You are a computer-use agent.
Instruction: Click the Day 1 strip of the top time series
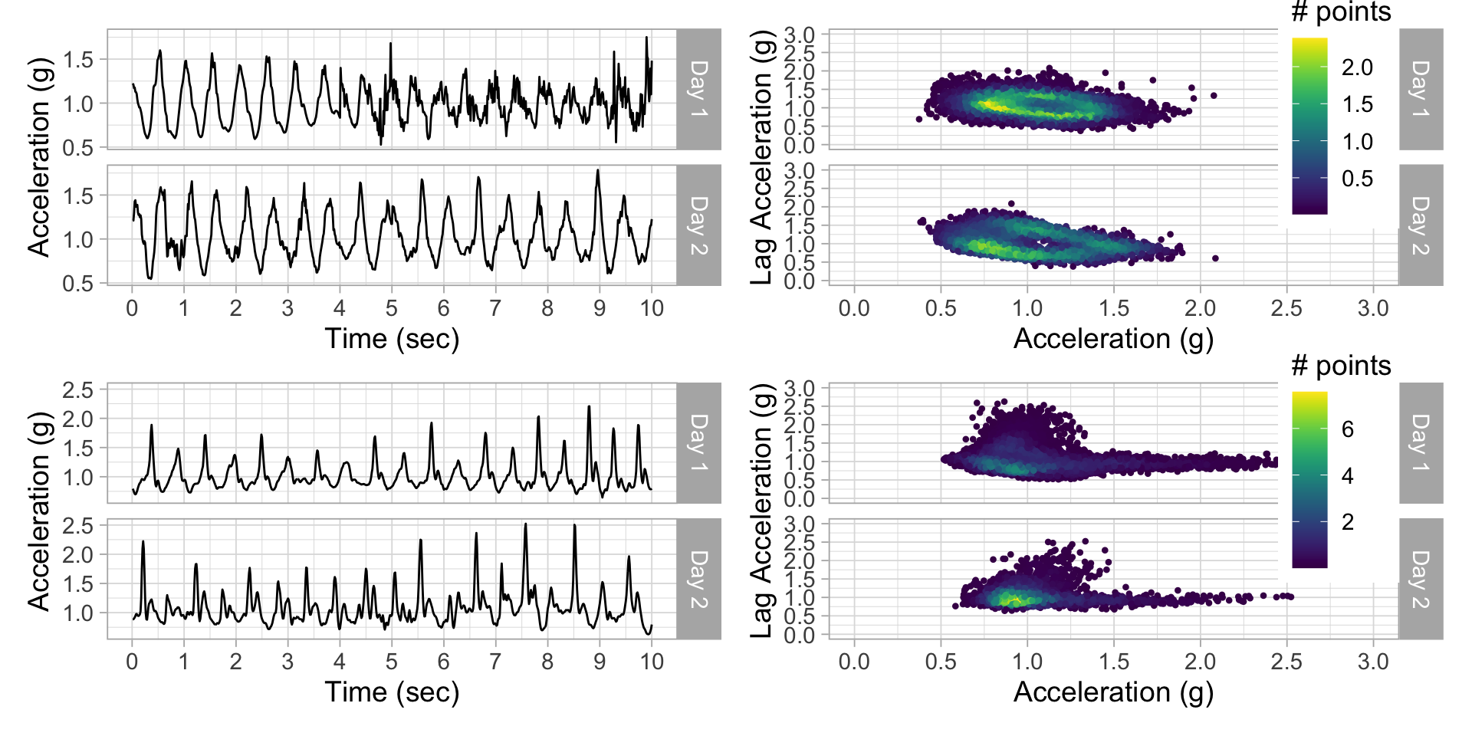(698, 89)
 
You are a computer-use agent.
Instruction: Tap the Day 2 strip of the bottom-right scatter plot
(1421, 579)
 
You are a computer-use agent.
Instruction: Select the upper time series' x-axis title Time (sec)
(392, 338)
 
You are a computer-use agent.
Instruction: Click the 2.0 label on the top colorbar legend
(1357, 67)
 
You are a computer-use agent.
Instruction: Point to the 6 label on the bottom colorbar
(1348, 429)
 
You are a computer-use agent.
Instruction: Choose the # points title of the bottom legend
(1341, 366)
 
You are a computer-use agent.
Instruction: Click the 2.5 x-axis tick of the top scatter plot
(1286, 308)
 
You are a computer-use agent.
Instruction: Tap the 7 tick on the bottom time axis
(495, 662)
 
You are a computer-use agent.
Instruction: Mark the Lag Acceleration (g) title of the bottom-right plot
(761, 511)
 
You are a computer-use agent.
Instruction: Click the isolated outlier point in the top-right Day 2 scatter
(1215, 258)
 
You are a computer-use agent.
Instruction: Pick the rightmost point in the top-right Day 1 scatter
(1214, 96)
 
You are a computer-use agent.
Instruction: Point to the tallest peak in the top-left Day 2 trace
(597, 171)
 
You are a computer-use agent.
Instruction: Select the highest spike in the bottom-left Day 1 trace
(589, 406)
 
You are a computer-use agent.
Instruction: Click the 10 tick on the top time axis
(652, 308)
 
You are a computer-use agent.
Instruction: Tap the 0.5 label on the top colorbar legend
(1357, 179)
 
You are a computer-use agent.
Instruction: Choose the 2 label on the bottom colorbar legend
(1348, 522)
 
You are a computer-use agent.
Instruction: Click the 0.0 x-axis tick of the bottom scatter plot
(854, 662)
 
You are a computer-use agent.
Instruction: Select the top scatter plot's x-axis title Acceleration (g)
(1113, 338)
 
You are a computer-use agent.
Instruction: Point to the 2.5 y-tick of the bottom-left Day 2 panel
(77, 526)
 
